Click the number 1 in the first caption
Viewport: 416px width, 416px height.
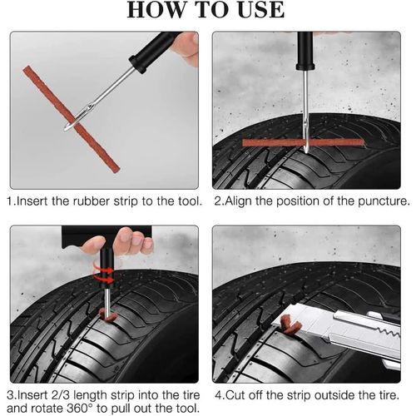click(x=10, y=201)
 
